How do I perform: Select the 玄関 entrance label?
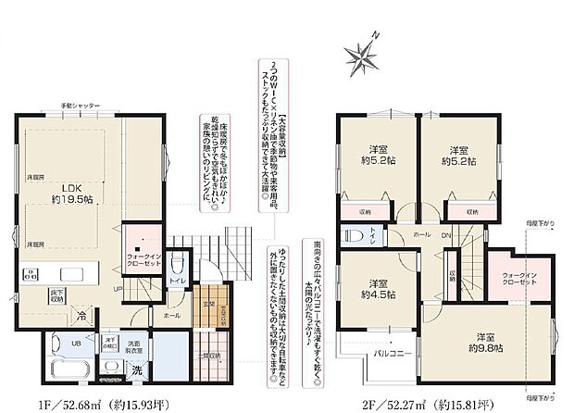210,303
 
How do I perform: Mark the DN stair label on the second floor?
446,235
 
